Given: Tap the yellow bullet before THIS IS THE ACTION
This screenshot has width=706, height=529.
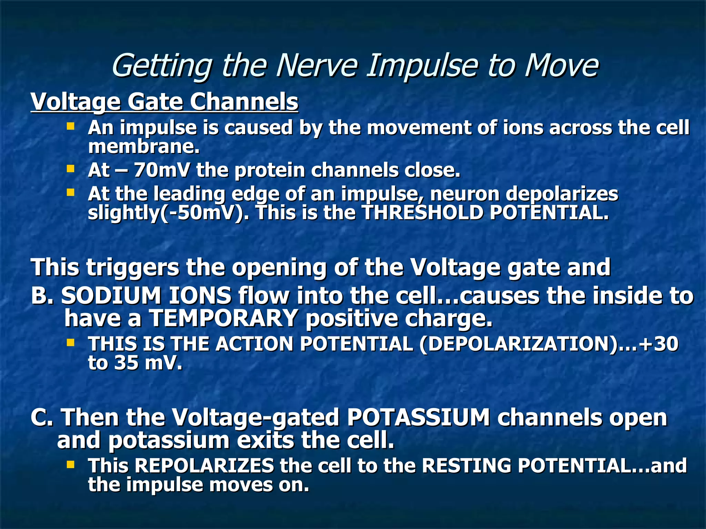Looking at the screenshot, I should [x=71, y=342].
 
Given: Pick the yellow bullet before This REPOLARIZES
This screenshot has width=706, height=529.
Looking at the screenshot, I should [x=71, y=465].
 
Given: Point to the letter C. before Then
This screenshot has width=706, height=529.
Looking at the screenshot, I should [x=42, y=417].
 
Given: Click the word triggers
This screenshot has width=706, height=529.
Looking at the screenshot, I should [x=132, y=267].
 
